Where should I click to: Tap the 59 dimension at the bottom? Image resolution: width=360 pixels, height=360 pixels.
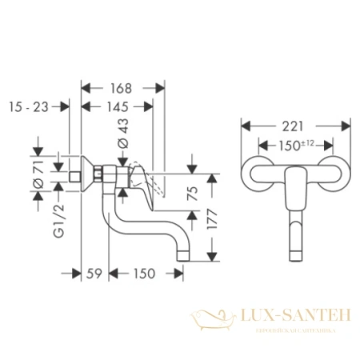point(93,274)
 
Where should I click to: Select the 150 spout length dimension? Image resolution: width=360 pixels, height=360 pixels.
point(145,274)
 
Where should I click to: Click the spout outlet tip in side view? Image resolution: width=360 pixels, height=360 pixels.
point(185,254)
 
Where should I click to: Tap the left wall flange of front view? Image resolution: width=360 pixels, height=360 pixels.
point(257,171)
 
